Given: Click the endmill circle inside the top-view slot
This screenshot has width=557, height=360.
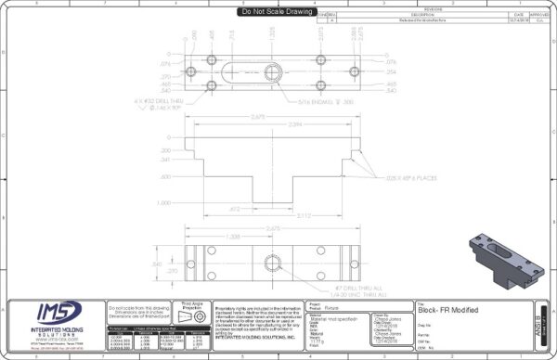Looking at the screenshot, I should point(276,72).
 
